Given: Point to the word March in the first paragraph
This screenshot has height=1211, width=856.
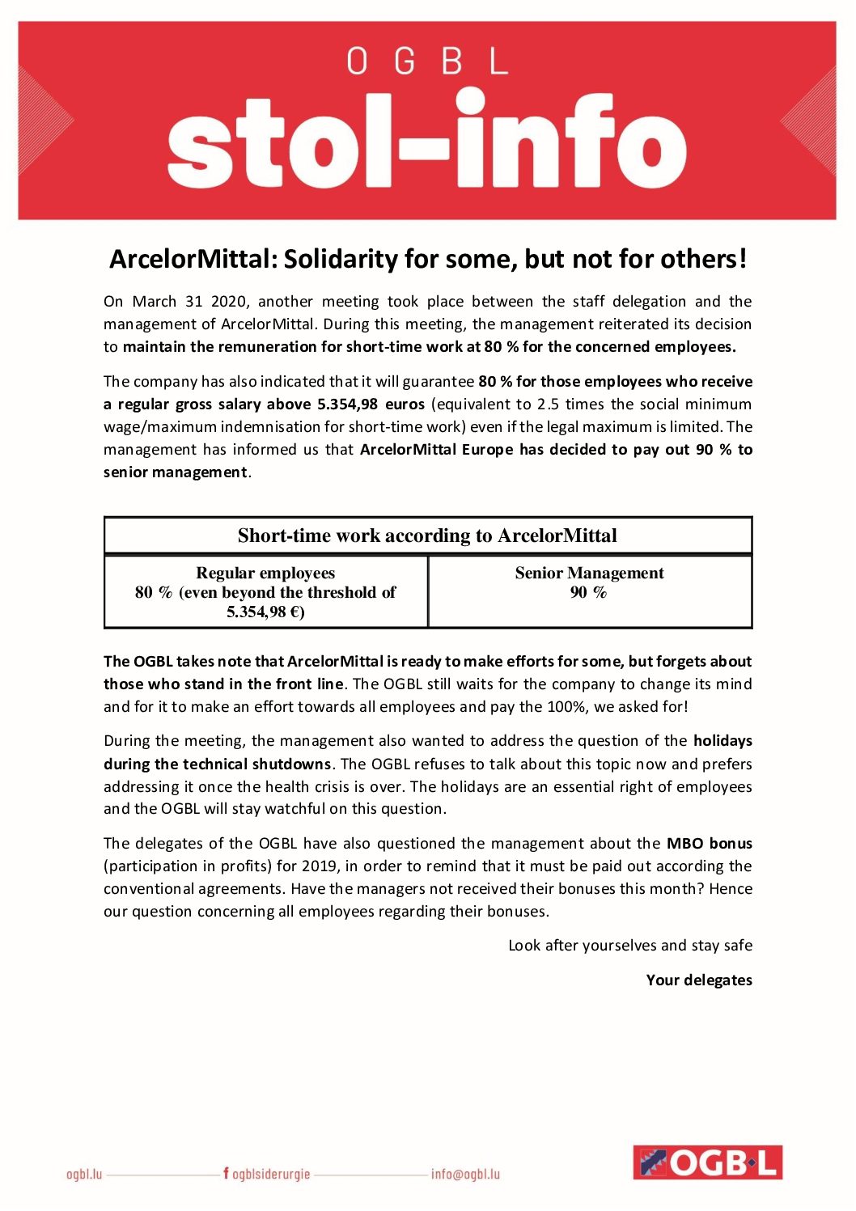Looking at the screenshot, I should click(x=154, y=302).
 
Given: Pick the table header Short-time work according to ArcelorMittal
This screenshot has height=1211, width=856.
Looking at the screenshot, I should click(x=427, y=536).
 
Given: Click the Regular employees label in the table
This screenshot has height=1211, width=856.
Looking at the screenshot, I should click(x=265, y=574).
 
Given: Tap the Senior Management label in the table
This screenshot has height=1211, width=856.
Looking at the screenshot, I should click(x=589, y=574).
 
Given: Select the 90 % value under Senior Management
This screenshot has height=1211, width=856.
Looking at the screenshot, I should click(x=588, y=593).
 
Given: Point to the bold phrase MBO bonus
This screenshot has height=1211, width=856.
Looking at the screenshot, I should click(x=709, y=844).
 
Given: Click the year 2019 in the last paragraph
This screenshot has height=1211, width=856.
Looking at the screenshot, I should click(x=320, y=866).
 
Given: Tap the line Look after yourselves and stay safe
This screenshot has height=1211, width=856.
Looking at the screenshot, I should click(x=629, y=946).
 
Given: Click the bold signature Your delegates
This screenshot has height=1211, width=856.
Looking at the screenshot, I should click(x=699, y=980).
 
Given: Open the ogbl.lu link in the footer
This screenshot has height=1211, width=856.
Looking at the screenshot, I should click(x=84, y=1174).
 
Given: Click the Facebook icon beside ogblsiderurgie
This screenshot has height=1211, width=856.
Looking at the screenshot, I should click(x=226, y=1173).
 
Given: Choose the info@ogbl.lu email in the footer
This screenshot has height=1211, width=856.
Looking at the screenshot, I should click(x=465, y=1174).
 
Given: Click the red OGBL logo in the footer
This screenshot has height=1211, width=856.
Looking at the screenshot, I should click(x=707, y=1162).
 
